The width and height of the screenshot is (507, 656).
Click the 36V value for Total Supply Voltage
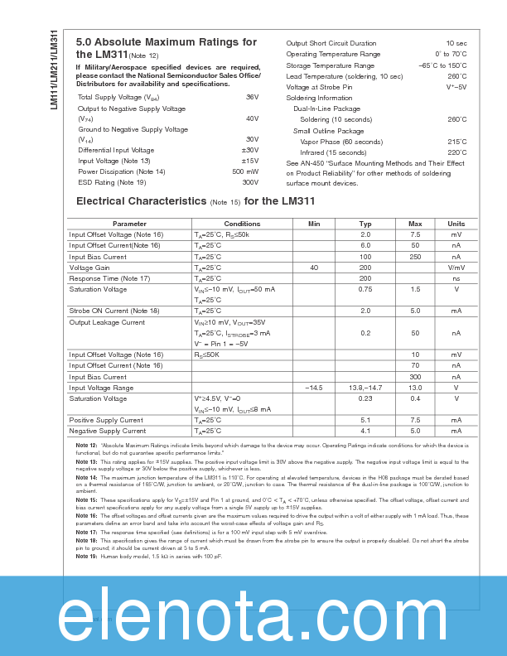pyautogui.click(x=252, y=97)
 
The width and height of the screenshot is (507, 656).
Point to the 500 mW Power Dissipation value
pyautogui.click(x=245, y=171)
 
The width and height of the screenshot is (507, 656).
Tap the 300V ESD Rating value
pyautogui.click(x=250, y=182)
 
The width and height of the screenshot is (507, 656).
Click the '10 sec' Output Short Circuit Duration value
pyautogui.click(x=456, y=43)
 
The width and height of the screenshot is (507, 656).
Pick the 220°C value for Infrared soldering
pyautogui.click(x=456, y=152)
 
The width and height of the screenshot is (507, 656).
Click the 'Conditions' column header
pyautogui.click(x=242, y=224)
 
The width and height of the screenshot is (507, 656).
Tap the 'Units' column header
pyautogui.click(x=456, y=224)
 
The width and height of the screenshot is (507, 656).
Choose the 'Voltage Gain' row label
pyautogui.click(x=89, y=268)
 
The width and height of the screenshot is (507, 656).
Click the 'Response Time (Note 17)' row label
pyautogui.click(x=109, y=278)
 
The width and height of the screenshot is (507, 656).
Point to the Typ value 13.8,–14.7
pyautogui.click(x=365, y=388)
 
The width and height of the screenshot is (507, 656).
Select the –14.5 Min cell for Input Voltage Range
pyautogui.click(x=314, y=388)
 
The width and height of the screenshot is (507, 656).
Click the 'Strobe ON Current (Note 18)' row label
pyautogui.click(x=114, y=311)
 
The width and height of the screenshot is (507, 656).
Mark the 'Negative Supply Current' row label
pyautogui.click(x=107, y=431)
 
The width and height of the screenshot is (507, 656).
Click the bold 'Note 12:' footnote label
pyautogui.click(x=87, y=446)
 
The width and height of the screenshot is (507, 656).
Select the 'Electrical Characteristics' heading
pyautogui.click(x=141, y=200)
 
